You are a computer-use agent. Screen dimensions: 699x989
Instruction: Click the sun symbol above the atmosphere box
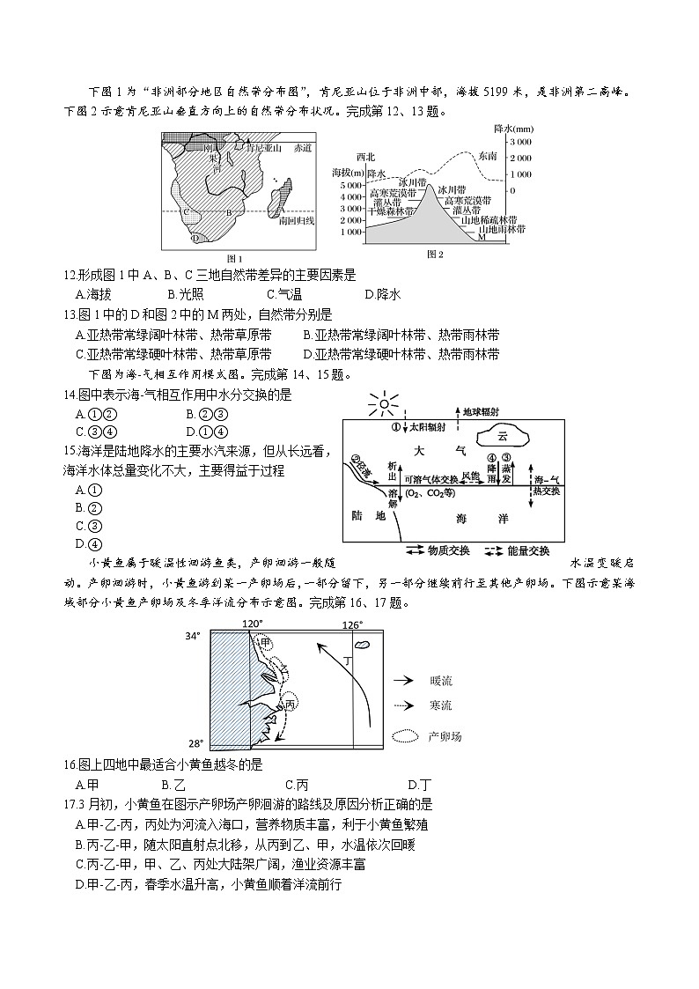385,406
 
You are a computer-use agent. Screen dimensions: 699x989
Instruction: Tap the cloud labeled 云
503,436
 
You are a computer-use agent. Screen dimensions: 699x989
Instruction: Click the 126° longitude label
351,624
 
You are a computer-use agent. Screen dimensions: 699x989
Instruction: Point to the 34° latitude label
193,636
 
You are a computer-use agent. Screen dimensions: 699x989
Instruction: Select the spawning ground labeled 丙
289,705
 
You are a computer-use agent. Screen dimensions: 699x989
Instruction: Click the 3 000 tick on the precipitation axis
520,142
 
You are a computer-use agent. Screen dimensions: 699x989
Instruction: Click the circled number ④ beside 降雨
492,457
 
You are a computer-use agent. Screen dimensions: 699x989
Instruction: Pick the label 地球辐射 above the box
485,411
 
